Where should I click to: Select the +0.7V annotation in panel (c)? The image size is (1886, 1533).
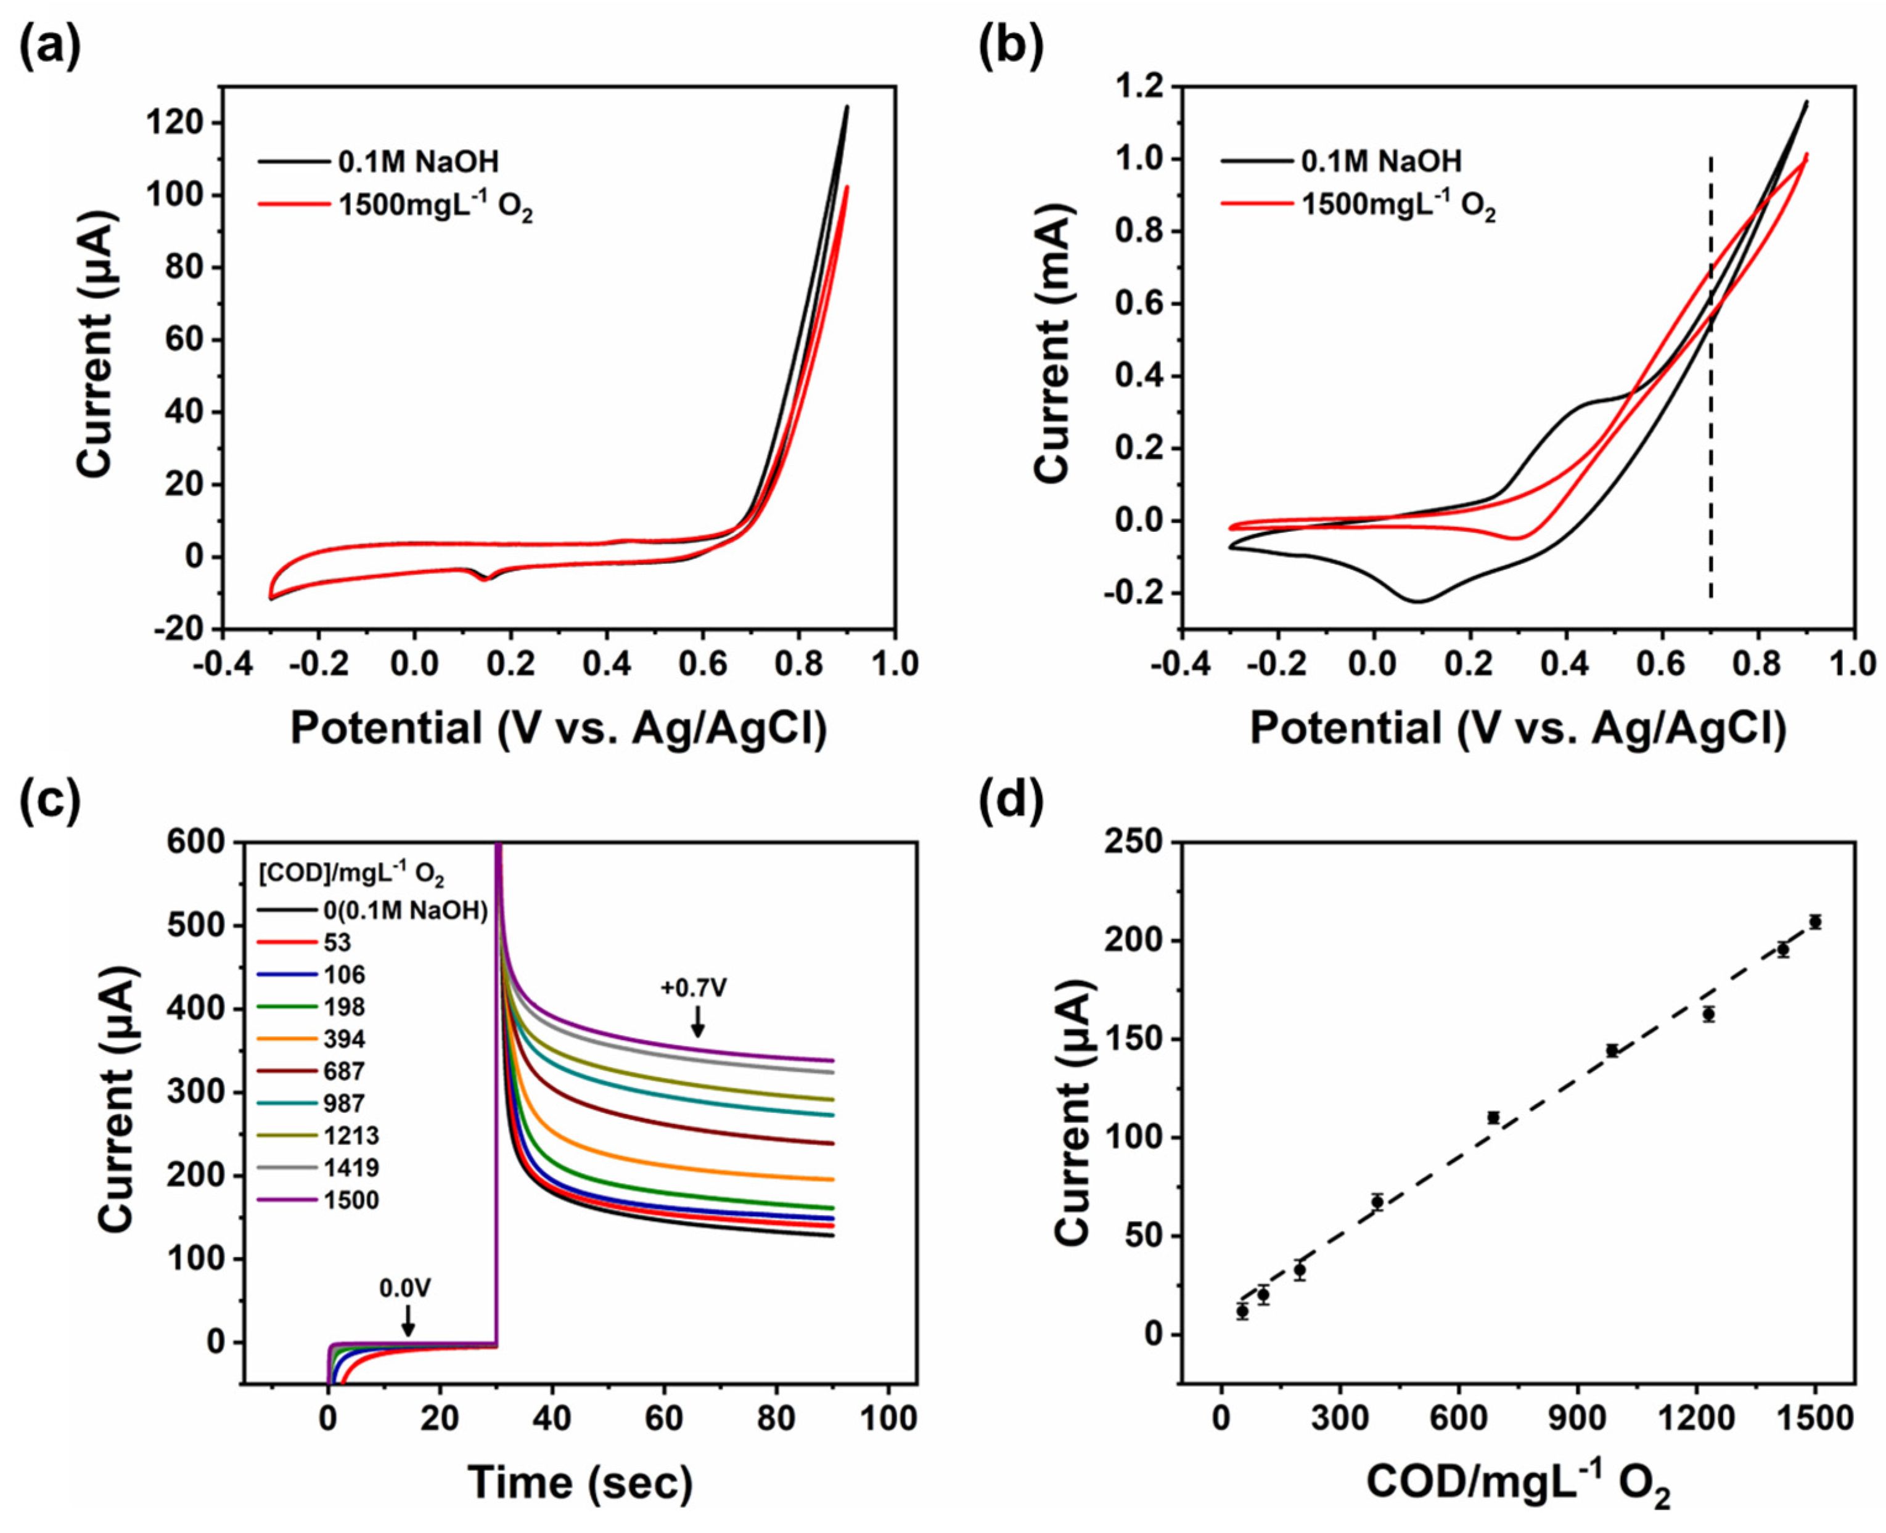coord(694,987)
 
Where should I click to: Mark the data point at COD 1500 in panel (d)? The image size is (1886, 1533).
coord(1815,922)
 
